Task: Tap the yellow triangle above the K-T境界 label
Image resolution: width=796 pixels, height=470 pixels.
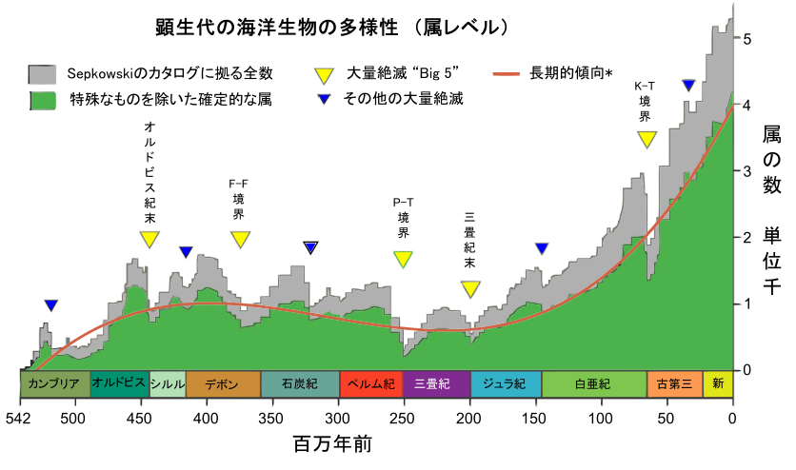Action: tap(647, 139)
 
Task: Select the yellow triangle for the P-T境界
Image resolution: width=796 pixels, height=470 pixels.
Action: tap(404, 259)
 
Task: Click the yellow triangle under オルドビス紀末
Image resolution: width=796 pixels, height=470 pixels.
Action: tap(149, 239)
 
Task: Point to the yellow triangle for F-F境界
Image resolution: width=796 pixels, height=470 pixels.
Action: tap(240, 239)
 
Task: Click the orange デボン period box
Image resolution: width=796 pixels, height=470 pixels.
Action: tap(223, 384)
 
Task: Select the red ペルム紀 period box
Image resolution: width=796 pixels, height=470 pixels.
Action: tap(370, 384)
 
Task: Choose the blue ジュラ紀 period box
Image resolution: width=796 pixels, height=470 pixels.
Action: tap(506, 384)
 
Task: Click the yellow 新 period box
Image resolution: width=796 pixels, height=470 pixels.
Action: tap(718, 384)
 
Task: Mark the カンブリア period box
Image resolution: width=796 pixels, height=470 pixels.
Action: tap(55, 384)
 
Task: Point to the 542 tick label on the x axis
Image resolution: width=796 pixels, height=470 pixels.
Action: tap(20, 419)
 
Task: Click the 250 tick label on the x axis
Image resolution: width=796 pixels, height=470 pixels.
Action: tap(404, 419)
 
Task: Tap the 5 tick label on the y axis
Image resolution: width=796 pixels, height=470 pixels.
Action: tap(748, 39)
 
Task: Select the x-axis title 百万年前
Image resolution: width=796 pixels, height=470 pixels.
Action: tap(331, 445)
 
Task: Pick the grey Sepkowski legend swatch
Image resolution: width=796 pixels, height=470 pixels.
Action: tap(43, 74)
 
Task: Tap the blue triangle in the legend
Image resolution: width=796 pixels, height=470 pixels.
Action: tap(324, 99)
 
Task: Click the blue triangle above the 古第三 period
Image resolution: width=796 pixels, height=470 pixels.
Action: tap(688, 86)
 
